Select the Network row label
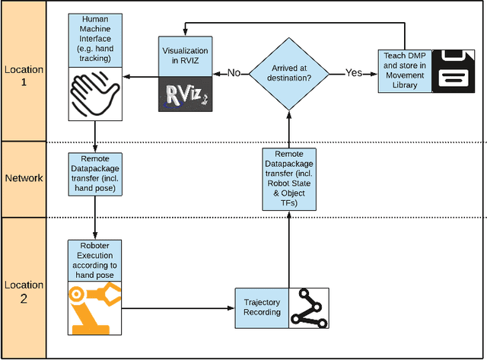(24, 178)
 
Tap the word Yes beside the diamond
(354, 74)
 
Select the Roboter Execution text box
(94, 260)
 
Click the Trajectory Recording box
(261, 308)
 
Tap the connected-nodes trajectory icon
(308, 308)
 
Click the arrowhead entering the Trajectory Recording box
(231, 308)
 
